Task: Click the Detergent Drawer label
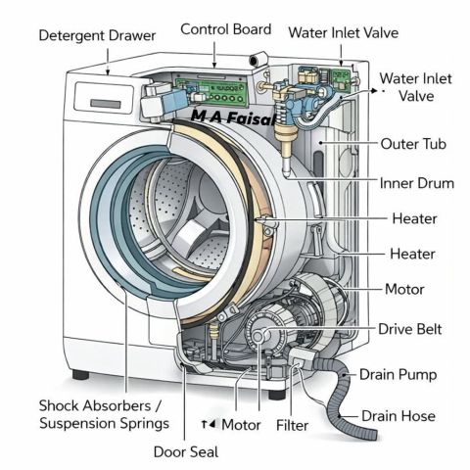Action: (x=97, y=36)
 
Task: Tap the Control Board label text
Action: (x=226, y=29)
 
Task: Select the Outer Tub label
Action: (x=413, y=144)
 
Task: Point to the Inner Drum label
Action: (x=417, y=183)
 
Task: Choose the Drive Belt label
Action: (x=410, y=329)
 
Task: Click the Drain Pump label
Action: (x=398, y=375)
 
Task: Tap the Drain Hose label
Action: (x=399, y=416)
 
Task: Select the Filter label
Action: (x=292, y=425)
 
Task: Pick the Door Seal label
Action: (x=186, y=452)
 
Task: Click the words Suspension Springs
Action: (x=105, y=424)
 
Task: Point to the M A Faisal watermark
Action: (x=232, y=117)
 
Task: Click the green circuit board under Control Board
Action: (x=211, y=90)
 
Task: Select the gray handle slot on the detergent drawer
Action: (x=106, y=104)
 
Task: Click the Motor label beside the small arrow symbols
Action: (x=241, y=425)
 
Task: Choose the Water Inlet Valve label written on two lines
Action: (x=416, y=87)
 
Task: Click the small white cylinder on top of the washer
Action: (x=258, y=60)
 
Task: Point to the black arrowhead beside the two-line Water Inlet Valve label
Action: (x=374, y=91)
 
